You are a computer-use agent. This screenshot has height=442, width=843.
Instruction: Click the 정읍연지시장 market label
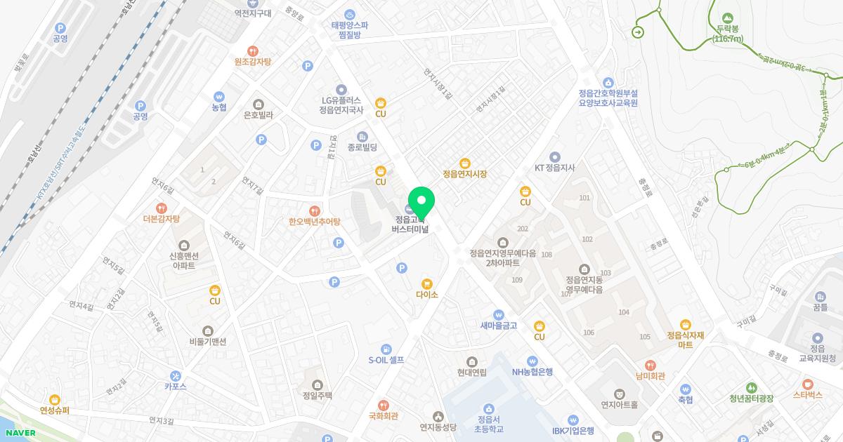tap(464, 173)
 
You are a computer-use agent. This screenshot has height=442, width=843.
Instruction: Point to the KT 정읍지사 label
tap(555, 168)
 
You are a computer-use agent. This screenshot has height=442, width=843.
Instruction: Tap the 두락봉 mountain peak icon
tap(727, 18)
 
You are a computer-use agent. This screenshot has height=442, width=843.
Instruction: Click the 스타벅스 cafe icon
tap(807, 384)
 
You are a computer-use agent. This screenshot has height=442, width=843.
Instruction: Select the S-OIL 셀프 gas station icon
tap(386, 349)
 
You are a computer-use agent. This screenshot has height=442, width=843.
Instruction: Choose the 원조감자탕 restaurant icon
tap(252, 51)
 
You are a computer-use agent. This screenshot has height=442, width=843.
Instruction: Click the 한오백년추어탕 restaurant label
tap(314, 222)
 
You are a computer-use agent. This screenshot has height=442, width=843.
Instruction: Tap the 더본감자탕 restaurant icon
tap(162, 208)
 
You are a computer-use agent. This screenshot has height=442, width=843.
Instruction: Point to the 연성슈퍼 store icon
tap(55, 400)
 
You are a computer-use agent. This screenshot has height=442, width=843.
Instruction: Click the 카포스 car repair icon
tap(175, 375)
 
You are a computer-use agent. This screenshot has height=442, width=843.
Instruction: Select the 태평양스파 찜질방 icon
tap(350, 14)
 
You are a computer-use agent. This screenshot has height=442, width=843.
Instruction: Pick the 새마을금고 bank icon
tap(499, 314)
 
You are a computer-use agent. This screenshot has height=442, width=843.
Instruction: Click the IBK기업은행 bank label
tap(573, 430)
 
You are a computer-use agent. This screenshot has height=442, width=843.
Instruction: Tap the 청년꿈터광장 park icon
tap(752, 387)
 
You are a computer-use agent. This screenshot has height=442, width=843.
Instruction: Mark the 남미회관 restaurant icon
tap(651, 365)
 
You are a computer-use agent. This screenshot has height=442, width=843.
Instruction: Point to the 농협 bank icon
tap(219, 96)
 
